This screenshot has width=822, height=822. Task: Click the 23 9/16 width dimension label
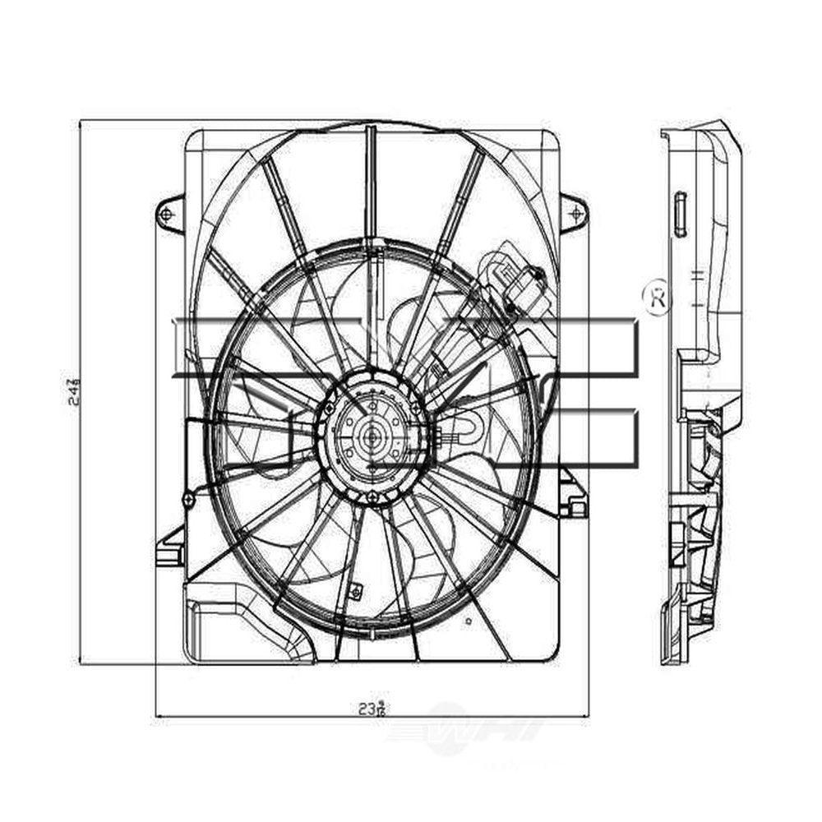[372, 707]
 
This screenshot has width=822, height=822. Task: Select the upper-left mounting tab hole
[168, 214]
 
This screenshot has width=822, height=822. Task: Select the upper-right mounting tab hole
[574, 213]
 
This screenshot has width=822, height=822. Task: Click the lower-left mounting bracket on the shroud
[170, 547]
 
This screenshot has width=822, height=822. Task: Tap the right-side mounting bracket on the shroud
[571, 493]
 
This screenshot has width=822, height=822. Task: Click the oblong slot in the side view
[680, 215]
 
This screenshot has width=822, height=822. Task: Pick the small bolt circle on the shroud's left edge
[188, 497]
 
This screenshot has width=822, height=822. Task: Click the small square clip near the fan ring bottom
[358, 589]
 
